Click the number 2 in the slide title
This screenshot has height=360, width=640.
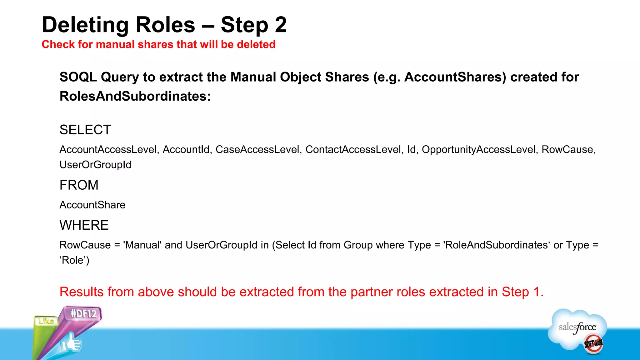tap(281, 25)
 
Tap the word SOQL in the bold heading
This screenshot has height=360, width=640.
tap(78, 77)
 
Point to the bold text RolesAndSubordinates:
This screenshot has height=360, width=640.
tap(135, 96)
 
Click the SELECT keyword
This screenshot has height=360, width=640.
tap(85, 130)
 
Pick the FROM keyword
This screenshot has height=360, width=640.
tap(79, 185)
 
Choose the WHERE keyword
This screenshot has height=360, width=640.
tap(84, 225)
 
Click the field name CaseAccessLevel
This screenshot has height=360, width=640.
tap(257, 149)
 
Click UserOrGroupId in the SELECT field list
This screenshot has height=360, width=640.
tap(95, 165)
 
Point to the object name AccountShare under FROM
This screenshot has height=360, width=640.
tap(92, 205)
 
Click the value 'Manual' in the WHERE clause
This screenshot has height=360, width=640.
tap(142, 245)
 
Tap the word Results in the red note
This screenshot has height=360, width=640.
tap(82, 292)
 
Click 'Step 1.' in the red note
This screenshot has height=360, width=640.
tap(522, 292)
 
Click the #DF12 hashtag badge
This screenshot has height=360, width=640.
tap(83, 313)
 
